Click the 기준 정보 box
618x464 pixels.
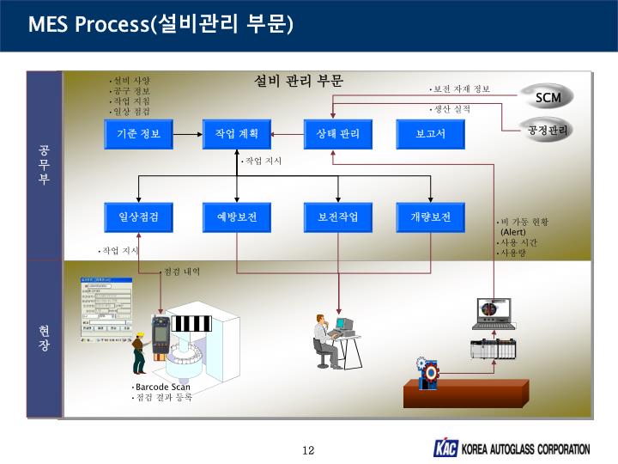tap(139, 134)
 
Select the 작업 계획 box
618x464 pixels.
tap(237, 134)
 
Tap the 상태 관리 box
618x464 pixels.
tap(337, 134)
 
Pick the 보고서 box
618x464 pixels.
tap(430, 134)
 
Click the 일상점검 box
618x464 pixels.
tap(139, 217)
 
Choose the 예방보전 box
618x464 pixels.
tap(237, 217)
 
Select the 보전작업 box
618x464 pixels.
tap(337, 217)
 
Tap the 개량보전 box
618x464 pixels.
tap(430, 217)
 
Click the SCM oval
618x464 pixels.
tap(548, 97)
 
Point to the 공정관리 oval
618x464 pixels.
tap(548, 130)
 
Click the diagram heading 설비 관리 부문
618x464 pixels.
tap(299, 81)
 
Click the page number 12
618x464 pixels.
tap(309, 450)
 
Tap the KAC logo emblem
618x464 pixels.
tap(445, 449)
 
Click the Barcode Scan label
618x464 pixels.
tap(162, 387)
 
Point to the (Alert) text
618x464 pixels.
tap(513, 232)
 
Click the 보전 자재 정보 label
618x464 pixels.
tap(462, 89)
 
